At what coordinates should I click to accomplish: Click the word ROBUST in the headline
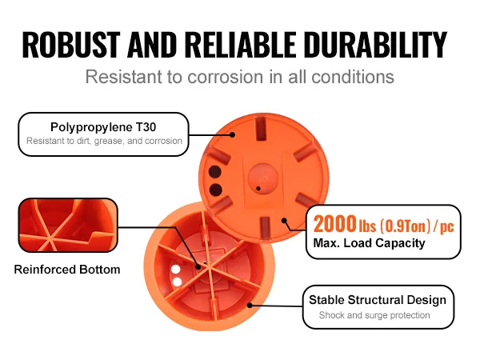click(71, 44)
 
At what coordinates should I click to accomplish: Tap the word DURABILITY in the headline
click(375, 44)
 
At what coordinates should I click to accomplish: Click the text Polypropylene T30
click(103, 127)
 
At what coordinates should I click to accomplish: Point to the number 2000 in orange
click(334, 224)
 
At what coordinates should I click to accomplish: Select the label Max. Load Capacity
click(369, 243)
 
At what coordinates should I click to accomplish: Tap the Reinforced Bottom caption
click(67, 270)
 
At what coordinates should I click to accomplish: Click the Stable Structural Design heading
click(378, 300)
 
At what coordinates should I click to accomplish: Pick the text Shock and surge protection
click(374, 315)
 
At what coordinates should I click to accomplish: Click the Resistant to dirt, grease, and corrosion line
click(104, 141)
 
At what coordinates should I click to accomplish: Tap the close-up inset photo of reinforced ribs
click(68, 226)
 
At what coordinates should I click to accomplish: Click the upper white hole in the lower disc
click(176, 270)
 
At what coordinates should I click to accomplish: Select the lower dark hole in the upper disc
click(215, 190)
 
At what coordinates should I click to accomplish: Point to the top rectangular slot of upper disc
click(261, 129)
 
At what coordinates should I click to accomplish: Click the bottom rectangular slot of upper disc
click(264, 227)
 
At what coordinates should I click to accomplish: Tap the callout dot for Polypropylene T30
click(232, 134)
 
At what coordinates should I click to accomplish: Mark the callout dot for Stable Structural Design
click(250, 306)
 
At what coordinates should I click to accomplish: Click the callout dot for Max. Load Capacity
click(284, 221)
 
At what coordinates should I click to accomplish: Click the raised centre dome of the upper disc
click(263, 178)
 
